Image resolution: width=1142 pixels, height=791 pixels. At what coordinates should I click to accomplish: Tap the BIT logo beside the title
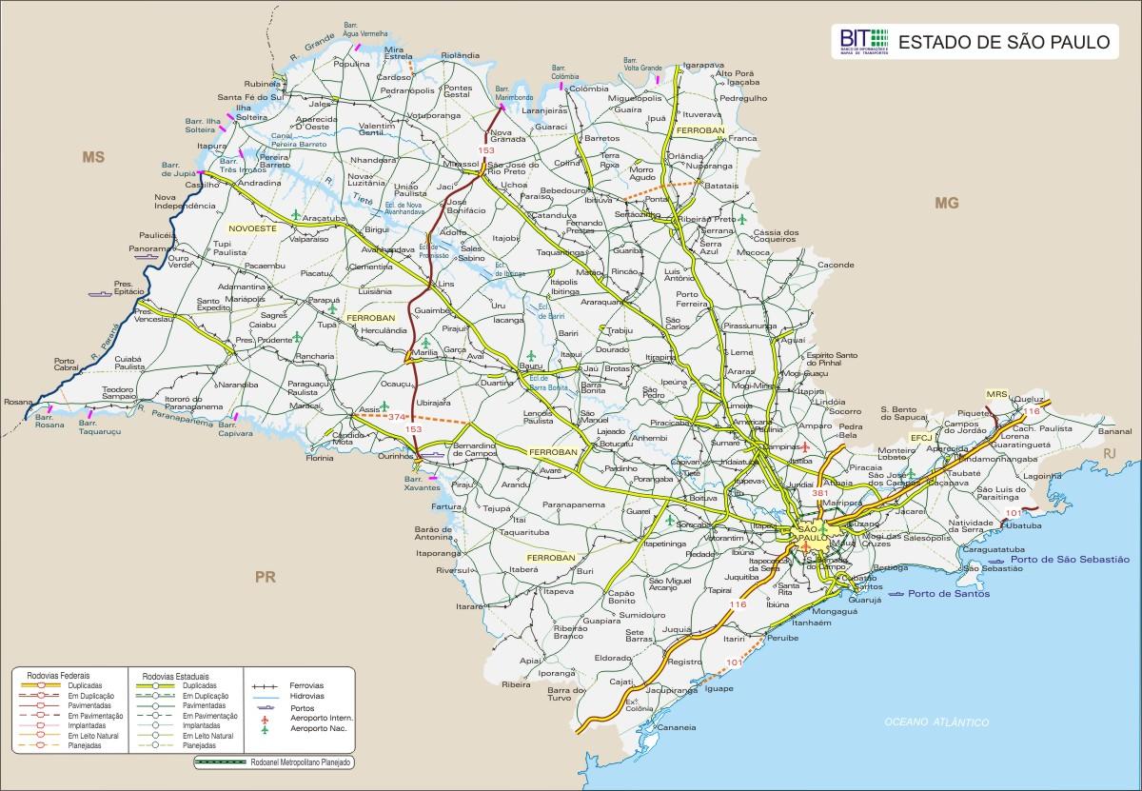pos(863,41)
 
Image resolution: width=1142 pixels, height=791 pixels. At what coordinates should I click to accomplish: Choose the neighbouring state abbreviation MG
pos(946,203)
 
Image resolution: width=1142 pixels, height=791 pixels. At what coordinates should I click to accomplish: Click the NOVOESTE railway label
pos(251,228)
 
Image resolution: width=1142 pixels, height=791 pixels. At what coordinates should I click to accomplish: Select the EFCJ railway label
pos(920,437)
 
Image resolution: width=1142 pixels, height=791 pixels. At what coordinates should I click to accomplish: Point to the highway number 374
pos(397,416)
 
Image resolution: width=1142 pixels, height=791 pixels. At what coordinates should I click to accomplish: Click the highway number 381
pos(820,492)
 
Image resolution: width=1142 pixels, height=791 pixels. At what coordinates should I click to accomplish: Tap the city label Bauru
pos(530,366)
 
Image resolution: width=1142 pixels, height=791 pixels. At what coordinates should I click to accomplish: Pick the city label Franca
pos(742,138)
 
